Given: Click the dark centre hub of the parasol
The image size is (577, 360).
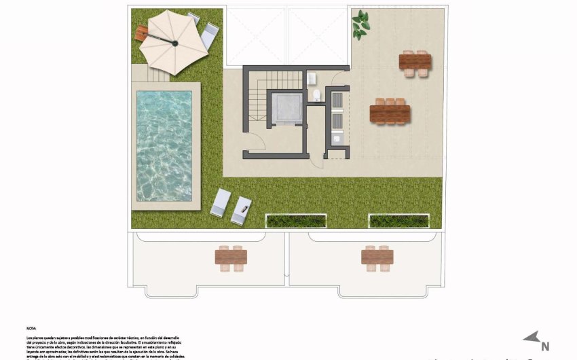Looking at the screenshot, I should [x=175, y=44].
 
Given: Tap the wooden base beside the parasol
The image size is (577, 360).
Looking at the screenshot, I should [x=142, y=33].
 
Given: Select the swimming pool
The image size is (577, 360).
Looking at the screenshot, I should [x=164, y=146].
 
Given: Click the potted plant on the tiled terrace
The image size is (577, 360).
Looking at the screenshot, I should [x=360, y=25].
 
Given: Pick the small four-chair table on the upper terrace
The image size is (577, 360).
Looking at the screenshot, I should [x=415, y=62].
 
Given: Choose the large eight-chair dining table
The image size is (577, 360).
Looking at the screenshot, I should [x=390, y=112].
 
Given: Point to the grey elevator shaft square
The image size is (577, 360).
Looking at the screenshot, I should [x=285, y=107].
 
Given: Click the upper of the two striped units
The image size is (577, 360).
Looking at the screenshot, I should [x=337, y=101].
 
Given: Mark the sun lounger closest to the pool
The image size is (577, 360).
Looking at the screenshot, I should [x=221, y=202].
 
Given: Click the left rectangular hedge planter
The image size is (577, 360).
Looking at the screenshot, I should [x=295, y=221].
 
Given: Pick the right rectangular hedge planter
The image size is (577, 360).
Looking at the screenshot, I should [x=398, y=221].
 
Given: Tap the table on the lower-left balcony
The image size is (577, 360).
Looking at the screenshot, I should [x=231, y=257].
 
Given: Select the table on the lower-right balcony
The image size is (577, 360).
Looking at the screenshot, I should [x=377, y=257].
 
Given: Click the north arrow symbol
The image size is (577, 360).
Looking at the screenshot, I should [x=531, y=338].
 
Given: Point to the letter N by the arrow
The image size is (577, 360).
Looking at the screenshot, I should [x=544, y=344].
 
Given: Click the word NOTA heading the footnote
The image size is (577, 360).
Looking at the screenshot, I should [x=31, y=327].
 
